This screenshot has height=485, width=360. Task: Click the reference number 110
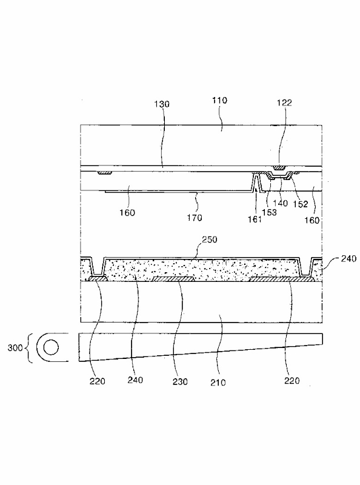[219, 100]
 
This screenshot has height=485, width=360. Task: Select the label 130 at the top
[162, 104]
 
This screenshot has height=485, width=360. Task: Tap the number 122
[284, 102]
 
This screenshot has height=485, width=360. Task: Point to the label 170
[194, 218]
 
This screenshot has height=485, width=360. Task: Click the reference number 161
[255, 219]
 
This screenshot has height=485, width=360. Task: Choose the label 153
[269, 213]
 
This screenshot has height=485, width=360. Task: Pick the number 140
[281, 203]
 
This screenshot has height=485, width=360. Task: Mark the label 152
[301, 204]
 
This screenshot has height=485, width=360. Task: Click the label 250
[209, 239]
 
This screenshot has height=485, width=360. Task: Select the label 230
[180, 382]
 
